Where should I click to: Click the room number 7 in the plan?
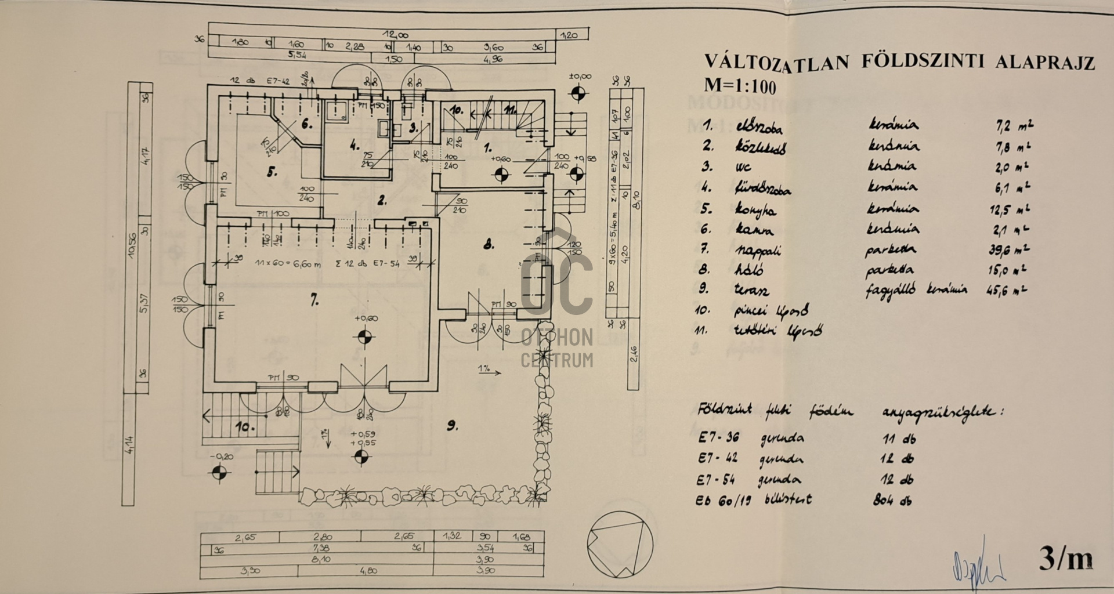(314, 300)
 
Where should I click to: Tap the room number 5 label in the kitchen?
(272, 171)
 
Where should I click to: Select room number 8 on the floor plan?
(489, 244)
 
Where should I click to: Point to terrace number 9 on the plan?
(452, 426)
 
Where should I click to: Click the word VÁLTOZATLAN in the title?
(776, 61)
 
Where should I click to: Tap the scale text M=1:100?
(740, 86)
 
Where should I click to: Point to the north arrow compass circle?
(620, 544)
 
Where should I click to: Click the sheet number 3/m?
(1065, 559)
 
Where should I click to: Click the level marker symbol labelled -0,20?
(219, 475)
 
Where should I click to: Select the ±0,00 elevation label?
(580, 77)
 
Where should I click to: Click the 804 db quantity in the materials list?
(892, 501)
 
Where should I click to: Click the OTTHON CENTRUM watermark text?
(557, 348)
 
